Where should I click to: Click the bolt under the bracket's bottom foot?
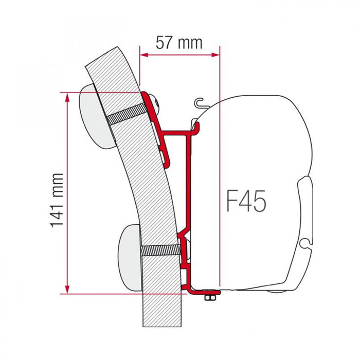click(210, 298)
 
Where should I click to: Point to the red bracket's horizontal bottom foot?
click(206, 292)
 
